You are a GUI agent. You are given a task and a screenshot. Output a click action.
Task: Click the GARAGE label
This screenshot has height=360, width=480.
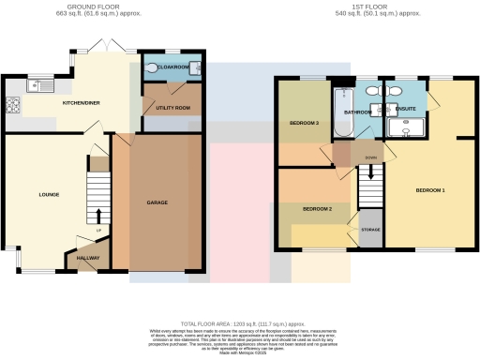coord(157,202)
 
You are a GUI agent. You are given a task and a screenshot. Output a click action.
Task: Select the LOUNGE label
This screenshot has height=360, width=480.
coord(50,195)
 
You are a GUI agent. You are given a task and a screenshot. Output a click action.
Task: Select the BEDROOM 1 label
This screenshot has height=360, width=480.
coord(430,190)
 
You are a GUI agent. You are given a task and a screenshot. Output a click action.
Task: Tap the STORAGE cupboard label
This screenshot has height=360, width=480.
coord(371,230)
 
